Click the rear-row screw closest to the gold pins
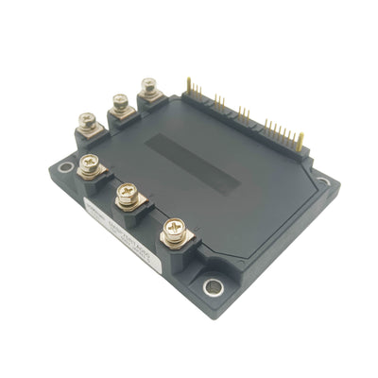[x=149, y=87]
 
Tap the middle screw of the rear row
[x=120, y=101]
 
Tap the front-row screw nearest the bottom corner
[x=172, y=227]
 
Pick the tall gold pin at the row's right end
[x=301, y=140]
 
